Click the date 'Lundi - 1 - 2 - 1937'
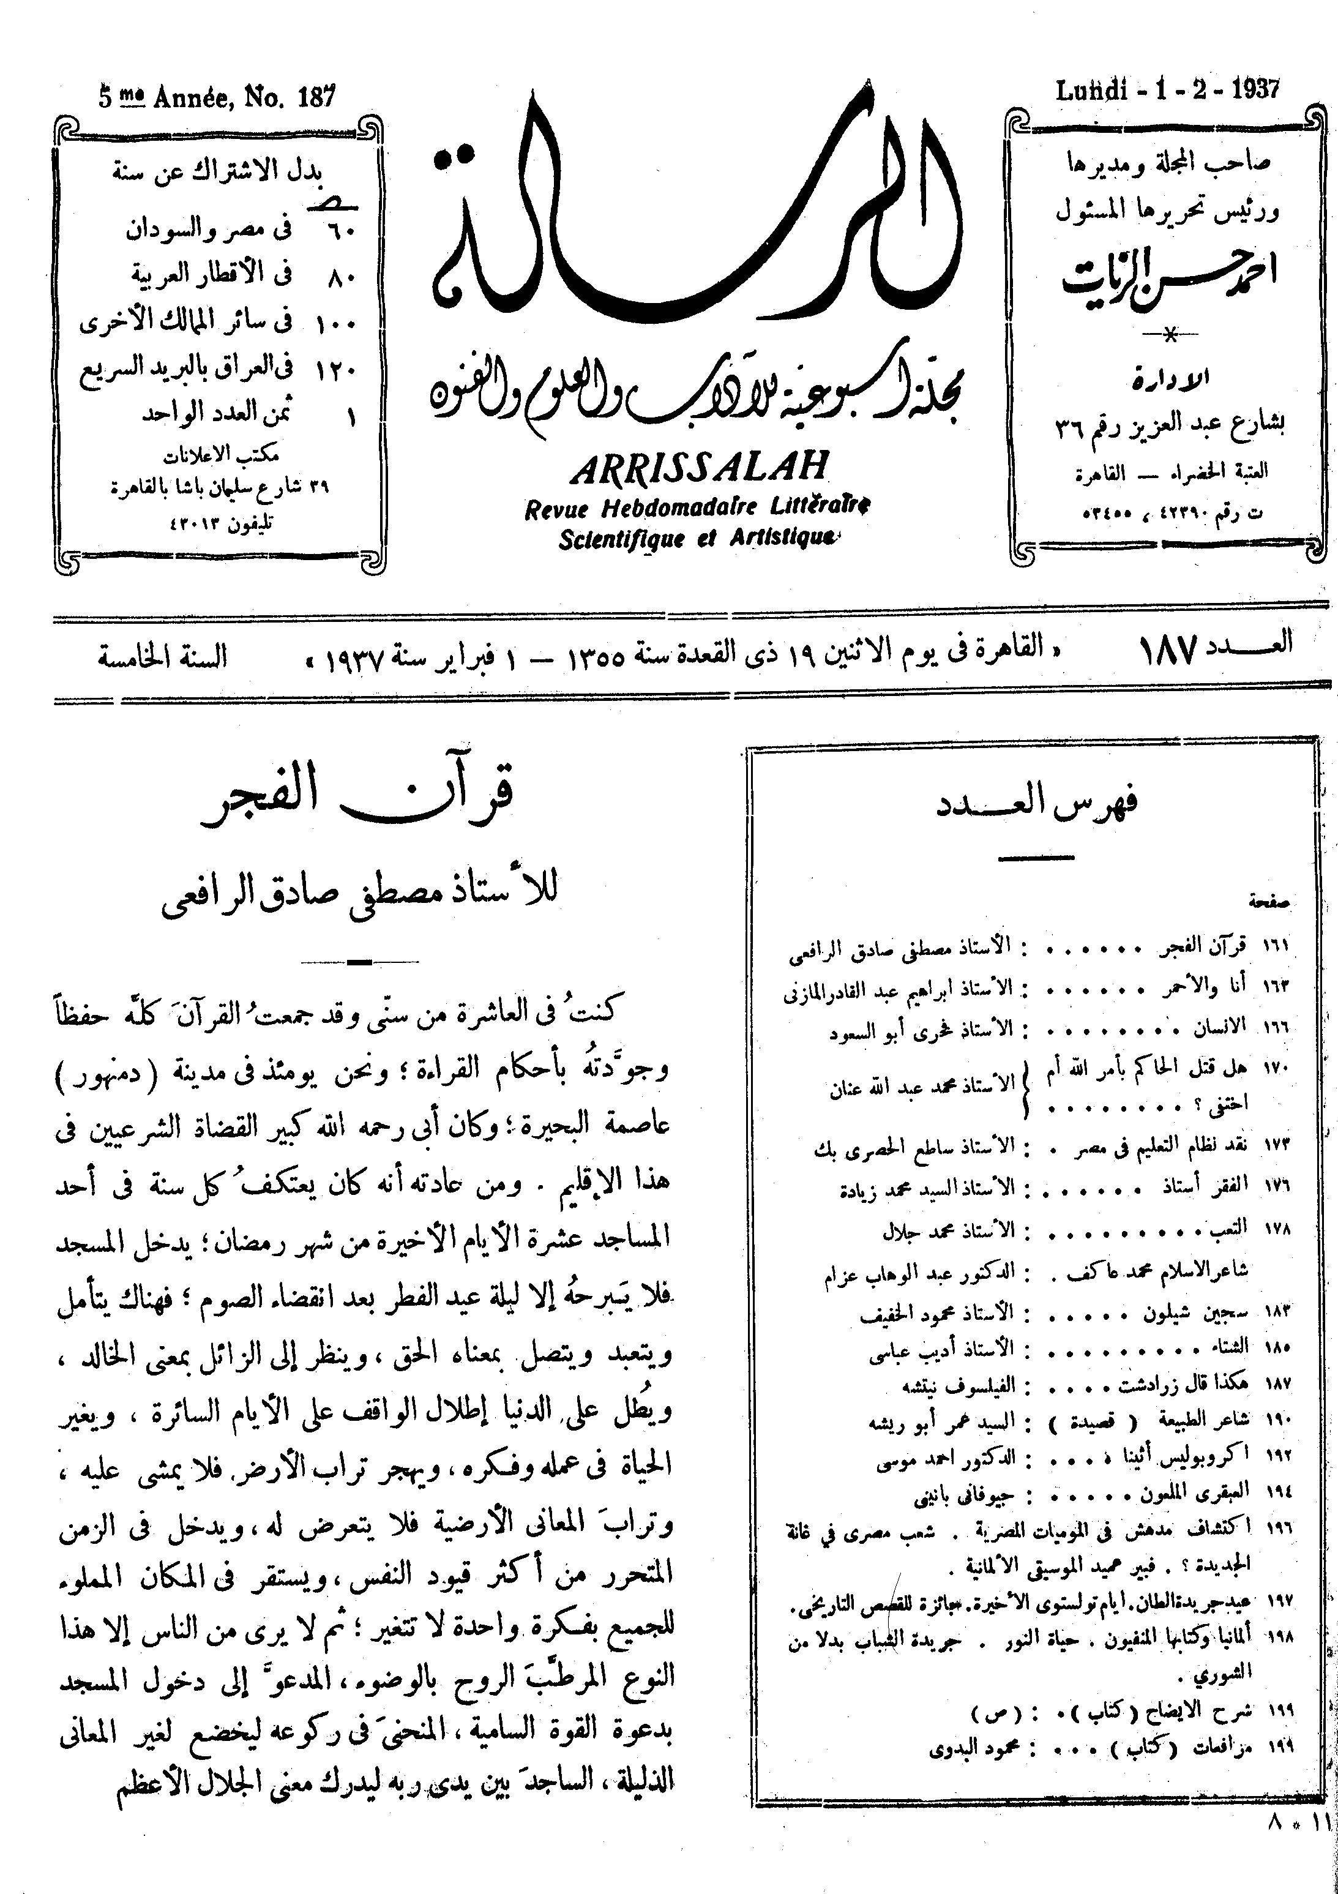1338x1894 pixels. point(1167,89)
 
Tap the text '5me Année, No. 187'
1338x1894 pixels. point(217,97)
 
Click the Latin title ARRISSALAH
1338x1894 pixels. point(698,468)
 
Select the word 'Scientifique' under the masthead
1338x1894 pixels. point(610,539)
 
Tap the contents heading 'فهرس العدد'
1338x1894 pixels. point(1035,802)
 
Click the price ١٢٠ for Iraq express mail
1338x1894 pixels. point(335,370)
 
